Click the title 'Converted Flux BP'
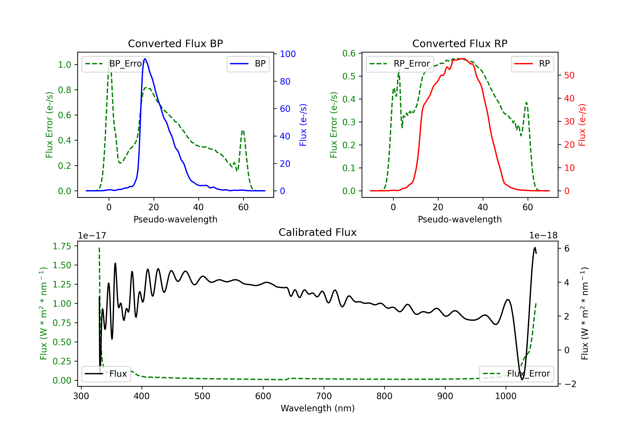pyautogui.click(x=175, y=43)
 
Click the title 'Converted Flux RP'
pyautogui.click(x=460, y=43)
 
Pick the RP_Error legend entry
pyautogui.click(x=400, y=64)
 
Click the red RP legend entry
pyautogui.click(x=532, y=64)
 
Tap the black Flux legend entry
pyautogui.click(x=106, y=374)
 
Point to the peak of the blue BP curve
pyautogui.click(x=145, y=59)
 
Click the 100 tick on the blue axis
pyautogui.click(x=288, y=54)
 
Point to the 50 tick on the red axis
pyautogui.click(x=569, y=75)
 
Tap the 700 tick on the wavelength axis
pyautogui.click(x=324, y=396)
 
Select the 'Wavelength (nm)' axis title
pyautogui.click(x=318, y=408)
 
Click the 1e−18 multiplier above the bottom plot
pyautogui.click(x=543, y=236)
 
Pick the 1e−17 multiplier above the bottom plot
pyautogui.click(x=92, y=236)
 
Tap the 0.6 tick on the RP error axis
pyautogui.click(x=349, y=54)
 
